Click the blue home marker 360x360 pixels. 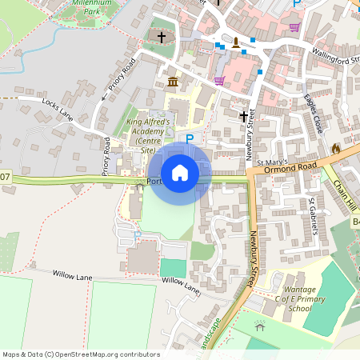tap(180, 172)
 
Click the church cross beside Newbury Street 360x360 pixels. tap(243, 117)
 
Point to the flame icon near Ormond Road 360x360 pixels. tap(335, 149)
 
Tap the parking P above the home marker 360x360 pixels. tap(190, 139)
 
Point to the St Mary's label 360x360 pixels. tap(270, 162)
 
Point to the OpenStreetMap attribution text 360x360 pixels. tap(80, 354)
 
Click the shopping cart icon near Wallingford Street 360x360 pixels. tap(294, 26)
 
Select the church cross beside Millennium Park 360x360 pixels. tap(161, 38)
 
